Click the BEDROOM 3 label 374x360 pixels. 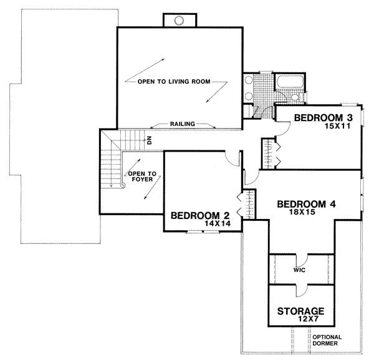click(x=324, y=118)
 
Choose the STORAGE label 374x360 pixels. click(x=300, y=311)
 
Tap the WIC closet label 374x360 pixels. click(x=300, y=271)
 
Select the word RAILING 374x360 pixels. click(x=183, y=124)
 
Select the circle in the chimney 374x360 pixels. click(x=178, y=21)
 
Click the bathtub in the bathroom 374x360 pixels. click(x=289, y=82)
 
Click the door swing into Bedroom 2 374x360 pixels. click(x=231, y=159)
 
